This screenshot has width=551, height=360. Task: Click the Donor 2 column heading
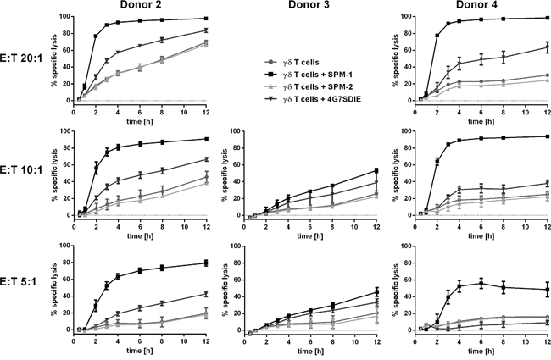141,8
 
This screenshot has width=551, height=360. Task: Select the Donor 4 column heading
487,8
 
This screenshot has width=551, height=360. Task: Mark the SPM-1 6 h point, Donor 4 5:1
481,283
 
